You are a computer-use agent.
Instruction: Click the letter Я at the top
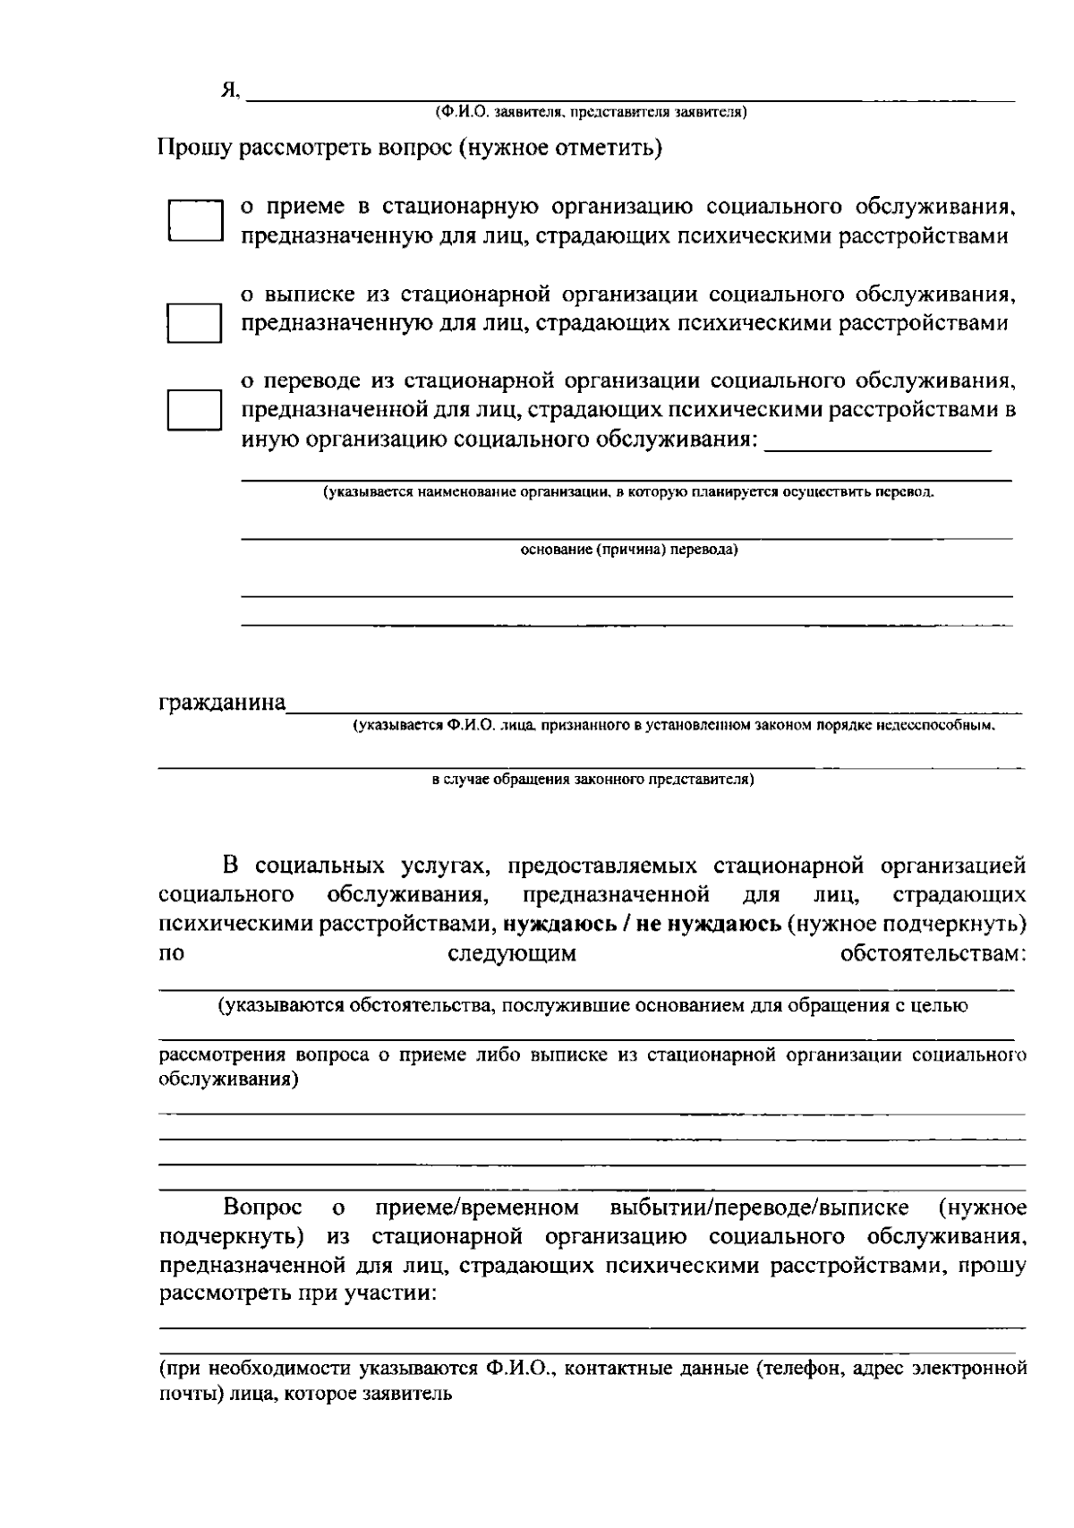[x=229, y=90]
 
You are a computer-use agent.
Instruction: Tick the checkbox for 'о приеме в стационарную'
[x=195, y=221]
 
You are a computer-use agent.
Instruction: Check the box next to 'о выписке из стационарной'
[x=195, y=322]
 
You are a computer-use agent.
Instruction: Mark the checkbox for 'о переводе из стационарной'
[x=195, y=410]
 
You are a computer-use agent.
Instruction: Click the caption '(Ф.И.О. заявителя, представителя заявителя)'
[x=591, y=112]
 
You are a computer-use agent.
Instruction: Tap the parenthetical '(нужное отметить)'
[x=560, y=148]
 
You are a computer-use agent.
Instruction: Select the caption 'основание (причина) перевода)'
[x=629, y=550]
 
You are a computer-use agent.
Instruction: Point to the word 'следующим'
[x=511, y=953]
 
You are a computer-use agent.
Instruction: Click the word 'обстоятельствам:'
[x=933, y=953]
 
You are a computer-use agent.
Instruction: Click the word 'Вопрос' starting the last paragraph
[x=262, y=1208]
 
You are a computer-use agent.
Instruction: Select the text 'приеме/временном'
[x=477, y=1208]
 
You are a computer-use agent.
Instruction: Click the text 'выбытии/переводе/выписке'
[x=759, y=1208]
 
